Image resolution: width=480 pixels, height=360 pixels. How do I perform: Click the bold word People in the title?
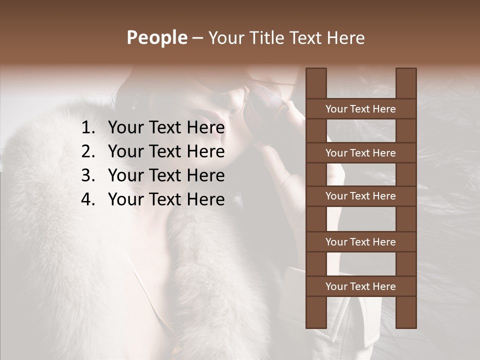pyautogui.click(x=156, y=38)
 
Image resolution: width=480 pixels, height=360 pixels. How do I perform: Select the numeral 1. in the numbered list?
pyautogui.click(x=88, y=128)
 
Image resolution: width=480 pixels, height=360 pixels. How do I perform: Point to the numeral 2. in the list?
pyautogui.click(x=88, y=151)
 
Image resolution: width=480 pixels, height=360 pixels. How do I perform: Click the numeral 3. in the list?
pyautogui.click(x=88, y=175)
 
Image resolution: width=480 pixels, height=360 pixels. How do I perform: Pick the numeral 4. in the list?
pyautogui.click(x=88, y=199)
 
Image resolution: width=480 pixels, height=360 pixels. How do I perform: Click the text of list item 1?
pyautogui.click(x=166, y=128)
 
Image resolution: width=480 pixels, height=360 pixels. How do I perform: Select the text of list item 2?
pyautogui.click(x=166, y=151)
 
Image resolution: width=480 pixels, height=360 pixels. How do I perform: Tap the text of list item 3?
pyautogui.click(x=166, y=175)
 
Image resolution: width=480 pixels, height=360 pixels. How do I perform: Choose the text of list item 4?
pyautogui.click(x=166, y=199)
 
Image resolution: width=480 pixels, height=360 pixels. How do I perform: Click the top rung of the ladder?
pyautogui.click(x=360, y=109)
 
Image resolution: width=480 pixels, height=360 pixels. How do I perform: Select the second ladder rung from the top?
pyautogui.click(x=360, y=153)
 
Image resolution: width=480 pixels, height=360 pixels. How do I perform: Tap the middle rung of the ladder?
pyautogui.click(x=360, y=196)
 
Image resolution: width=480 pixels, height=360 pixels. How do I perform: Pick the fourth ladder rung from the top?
pyautogui.click(x=360, y=242)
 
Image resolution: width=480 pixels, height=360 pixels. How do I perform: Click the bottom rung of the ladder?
pyautogui.click(x=360, y=286)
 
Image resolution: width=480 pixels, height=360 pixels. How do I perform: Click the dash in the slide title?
pyautogui.click(x=197, y=38)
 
